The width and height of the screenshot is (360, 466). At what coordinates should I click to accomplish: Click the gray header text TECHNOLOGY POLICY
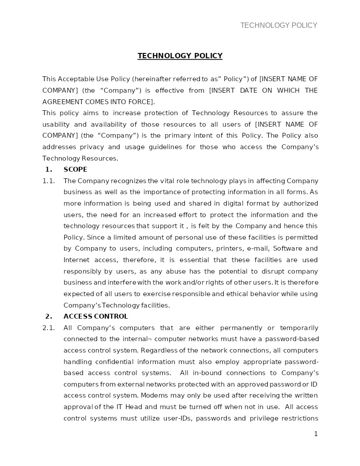278,26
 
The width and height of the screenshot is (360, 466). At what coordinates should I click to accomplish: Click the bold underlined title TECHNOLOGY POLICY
180,56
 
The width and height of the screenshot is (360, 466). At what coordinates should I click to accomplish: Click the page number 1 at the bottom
315,434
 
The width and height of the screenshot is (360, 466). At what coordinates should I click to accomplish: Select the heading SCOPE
75,169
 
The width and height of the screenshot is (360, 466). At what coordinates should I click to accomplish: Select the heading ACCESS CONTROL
96,316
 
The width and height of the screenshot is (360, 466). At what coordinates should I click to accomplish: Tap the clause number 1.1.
49,181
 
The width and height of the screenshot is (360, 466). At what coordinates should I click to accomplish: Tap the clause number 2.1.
49,328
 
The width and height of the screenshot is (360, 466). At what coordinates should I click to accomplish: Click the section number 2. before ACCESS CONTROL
49,316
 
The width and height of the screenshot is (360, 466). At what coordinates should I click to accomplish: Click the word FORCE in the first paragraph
142,102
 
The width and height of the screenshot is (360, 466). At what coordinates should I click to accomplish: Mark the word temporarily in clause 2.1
299,328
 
